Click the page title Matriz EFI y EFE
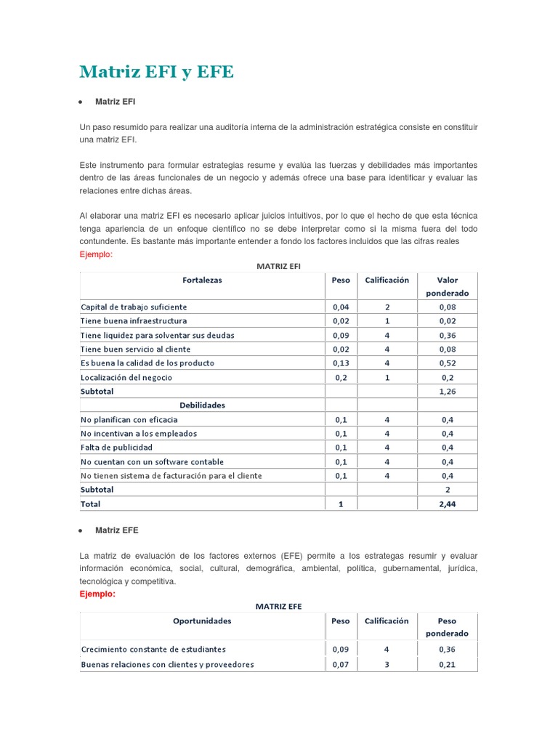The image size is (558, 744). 156,72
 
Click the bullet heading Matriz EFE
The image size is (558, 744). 116,530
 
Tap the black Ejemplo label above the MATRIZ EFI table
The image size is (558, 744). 96,254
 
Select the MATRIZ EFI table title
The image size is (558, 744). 278,267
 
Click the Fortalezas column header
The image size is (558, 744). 202,280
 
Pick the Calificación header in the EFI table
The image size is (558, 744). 387,280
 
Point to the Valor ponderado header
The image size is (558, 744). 448,286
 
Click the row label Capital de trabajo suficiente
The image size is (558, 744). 134,307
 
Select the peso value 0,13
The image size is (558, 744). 340,363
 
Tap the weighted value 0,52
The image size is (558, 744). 448,363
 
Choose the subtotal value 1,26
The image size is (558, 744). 448,391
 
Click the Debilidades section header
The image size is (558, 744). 202,405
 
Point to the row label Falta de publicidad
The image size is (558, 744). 117,448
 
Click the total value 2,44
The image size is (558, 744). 448,504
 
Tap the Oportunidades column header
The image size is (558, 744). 202,621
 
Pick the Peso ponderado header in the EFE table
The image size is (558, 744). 448,627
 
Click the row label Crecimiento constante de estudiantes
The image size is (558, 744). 153,649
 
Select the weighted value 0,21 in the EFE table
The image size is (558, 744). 448,664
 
